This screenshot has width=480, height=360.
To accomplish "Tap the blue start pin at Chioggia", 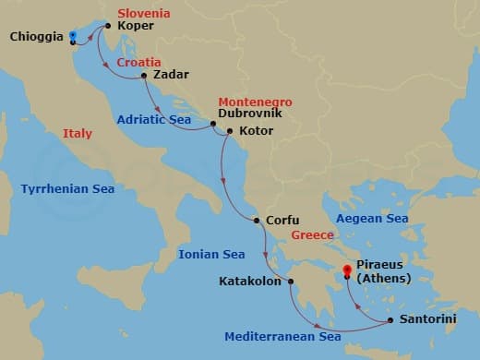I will pyautogui.click(x=72, y=37).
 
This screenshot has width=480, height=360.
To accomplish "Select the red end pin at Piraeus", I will pyautogui.click(x=348, y=270).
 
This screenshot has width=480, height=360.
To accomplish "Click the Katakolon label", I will pyautogui.click(x=250, y=282).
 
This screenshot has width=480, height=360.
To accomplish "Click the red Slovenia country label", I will pyautogui.click(x=144, y=14).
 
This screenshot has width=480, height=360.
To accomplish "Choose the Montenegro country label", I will pyautogui.click(x=254, y=102).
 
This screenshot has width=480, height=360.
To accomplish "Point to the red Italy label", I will pyautogui.click(x=78, y=134).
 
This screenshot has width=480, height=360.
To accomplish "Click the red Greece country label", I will pyautogui.click(x=312, y=235).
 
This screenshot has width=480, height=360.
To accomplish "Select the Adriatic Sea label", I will pyautogui.click(x=154, y=118).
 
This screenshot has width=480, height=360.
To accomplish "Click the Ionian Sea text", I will pyautogui.click(x=211, y=254).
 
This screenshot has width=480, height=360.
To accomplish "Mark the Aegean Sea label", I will pyautogui.click(x=372, y=219).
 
